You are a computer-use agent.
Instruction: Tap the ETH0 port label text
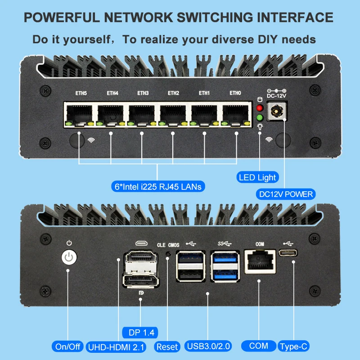click(235, 93)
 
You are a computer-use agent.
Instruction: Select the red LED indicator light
click(259, 108)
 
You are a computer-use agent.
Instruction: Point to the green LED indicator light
click(259, 118)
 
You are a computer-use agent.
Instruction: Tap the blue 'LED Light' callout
click(258, 177)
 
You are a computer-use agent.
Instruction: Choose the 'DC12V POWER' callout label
click(286, 194)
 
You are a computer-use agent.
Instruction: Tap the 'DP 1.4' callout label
click(140, 333)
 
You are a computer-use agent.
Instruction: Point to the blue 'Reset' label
click(167, 346)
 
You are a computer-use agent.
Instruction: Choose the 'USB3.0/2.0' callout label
click(209, 346)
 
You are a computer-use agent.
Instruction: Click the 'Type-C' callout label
click(294, 346)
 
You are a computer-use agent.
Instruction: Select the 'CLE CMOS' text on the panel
click(168, 245)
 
